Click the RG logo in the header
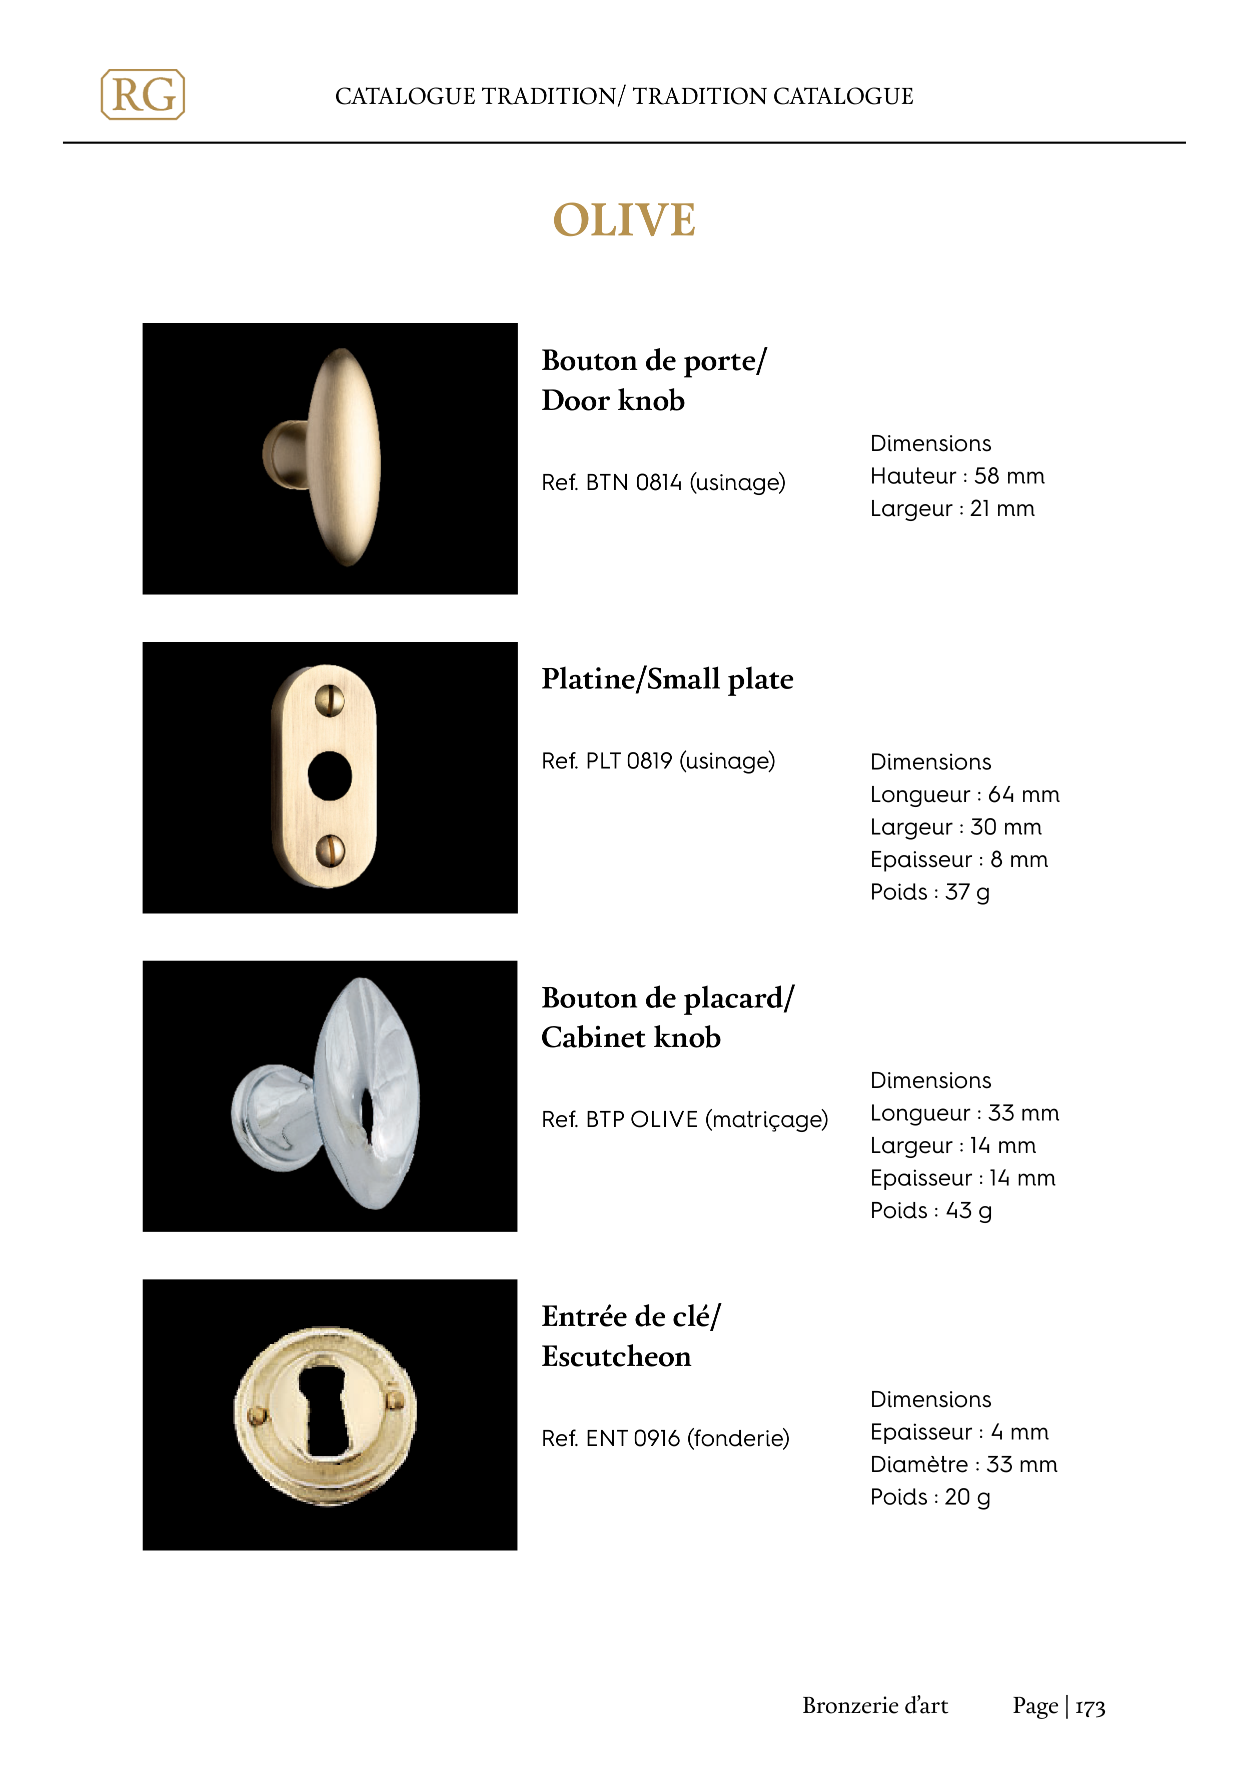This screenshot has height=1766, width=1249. click(x=143, y=94)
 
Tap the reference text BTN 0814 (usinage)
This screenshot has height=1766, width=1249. click(x=663, y=482)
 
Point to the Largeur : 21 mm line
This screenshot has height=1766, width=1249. click(x=952, y=508)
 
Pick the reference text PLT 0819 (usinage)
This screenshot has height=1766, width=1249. click(x=658, y=760)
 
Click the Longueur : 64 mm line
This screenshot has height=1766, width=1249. click(x=964, y=794)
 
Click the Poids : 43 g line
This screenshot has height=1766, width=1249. click(x=930, y=1210)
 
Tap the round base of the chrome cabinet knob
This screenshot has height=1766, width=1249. click(x=273, y=1117)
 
